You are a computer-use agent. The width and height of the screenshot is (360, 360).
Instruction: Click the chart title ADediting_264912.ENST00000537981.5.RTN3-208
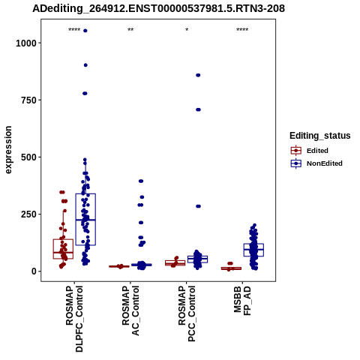pyautogui.click(x=158, y=9)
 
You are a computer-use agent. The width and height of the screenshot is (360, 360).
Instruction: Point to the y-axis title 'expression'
pyautogui.click(x=8, y=150)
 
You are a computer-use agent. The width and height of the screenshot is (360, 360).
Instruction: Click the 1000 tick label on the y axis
pyautogui.click(x=26, y=43)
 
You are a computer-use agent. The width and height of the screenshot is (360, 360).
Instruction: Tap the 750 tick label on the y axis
pyautogui.click(x=29, y=100)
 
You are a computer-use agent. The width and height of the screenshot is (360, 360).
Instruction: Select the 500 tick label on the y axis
pyautogui.click(x=29, y=157)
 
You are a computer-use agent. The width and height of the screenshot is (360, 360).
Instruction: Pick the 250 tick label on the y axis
pyautogui.click(x=29, y=214)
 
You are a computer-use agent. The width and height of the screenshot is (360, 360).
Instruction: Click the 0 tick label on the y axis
pyautogui.click(x=34, y=271)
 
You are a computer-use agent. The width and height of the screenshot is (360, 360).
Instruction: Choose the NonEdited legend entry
pyautogui.click(x=316, y=163)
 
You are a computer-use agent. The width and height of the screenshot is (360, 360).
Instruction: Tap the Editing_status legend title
pyautogui.click(x=320, y=136)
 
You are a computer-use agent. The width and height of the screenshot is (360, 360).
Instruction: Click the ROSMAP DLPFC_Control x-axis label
pyautogui.click(x=74, y=319)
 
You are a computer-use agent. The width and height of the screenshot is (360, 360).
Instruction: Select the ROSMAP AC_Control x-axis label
pyautogui.click(x=130, y=310)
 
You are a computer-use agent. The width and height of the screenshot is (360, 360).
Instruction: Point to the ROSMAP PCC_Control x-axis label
pyautogui.click(x=187, y=313)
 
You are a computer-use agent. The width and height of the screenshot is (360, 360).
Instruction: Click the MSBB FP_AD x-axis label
pyautogui.click(x=242, y=301)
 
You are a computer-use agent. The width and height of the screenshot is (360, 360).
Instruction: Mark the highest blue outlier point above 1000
pyautogui.click(x=85, y=31)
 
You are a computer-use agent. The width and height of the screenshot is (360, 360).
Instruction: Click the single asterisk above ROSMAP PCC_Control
pyautogui.click(x=187, y=30)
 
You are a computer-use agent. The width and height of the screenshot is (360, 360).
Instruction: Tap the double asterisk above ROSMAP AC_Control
pyautogui.click(x=130, y=30)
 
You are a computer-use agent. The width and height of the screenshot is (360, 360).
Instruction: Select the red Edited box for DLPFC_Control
pyautogui.click(x=63, y=249)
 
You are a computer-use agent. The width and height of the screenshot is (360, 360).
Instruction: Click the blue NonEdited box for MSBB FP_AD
pyautogui.click(x=253, y=250)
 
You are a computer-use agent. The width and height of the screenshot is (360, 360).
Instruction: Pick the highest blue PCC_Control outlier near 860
pyautogui.click(x=198, y=75)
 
